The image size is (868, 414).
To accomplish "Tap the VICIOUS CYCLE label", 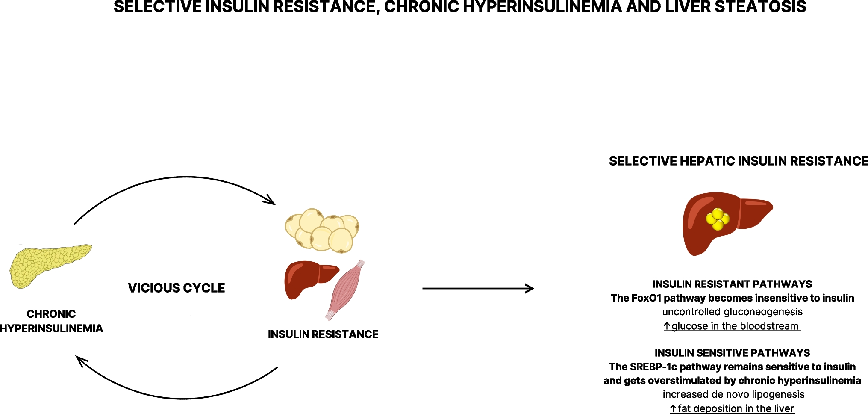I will coord(176,288).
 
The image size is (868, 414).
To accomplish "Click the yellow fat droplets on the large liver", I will coord(718,219).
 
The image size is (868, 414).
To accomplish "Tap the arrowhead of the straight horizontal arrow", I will coord(530,288).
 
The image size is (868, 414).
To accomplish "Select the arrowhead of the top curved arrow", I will coord(270,200).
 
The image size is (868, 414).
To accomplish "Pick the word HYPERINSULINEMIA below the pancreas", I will coord(51,328).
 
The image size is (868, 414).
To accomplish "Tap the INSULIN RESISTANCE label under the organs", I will coord(323,334).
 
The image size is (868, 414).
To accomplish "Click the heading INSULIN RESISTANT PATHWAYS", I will coord(732,284).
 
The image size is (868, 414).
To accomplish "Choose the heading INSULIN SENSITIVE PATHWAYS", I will coord(732,353).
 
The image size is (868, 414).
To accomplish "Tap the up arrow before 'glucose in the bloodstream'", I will coord(667,326).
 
